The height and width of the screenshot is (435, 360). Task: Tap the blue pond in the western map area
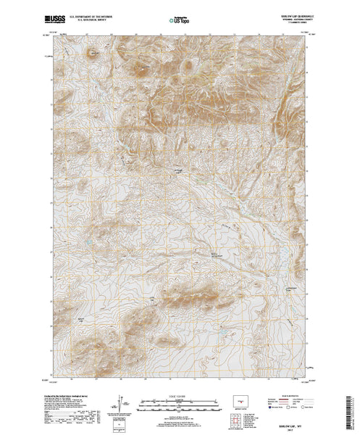click(85, 239)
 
